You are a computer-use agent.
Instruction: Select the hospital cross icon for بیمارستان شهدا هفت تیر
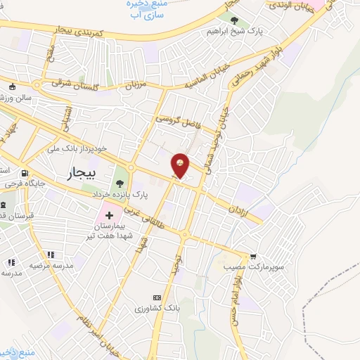pos(109,213)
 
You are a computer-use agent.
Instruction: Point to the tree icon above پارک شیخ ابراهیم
pos(235,21)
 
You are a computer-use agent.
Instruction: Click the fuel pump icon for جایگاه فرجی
pos(25,174)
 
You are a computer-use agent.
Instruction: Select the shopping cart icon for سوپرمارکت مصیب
pos(253,256)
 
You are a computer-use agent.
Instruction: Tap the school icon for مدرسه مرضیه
pos(49,255)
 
